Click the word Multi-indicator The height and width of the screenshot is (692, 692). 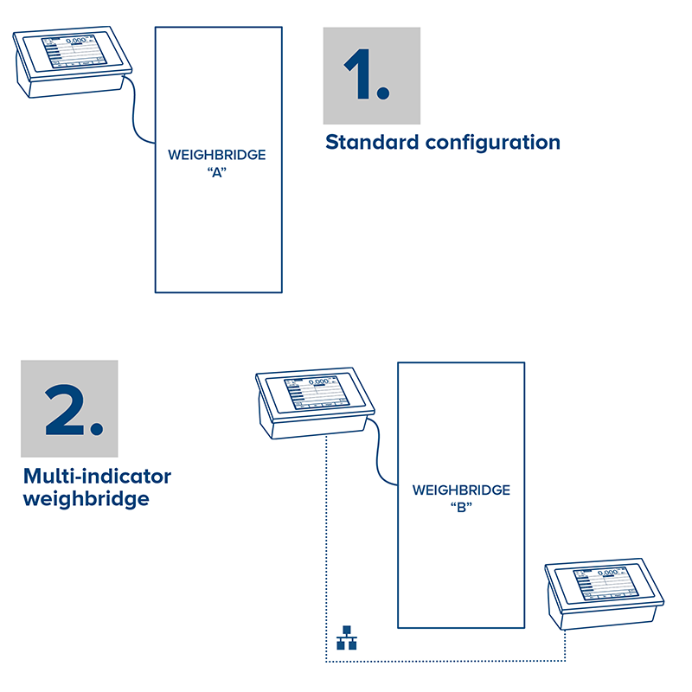coord(97,477)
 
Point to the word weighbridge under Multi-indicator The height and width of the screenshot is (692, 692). coord(86,499)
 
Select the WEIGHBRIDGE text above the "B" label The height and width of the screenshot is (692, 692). coord(461,490)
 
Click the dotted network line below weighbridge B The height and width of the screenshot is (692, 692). coord(450,662)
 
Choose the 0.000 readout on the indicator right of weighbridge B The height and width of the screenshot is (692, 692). coord(611,573)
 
